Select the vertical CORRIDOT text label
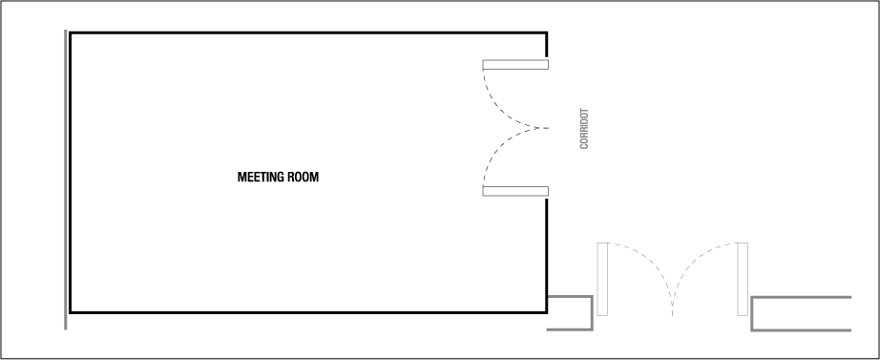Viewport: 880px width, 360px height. (584, 128)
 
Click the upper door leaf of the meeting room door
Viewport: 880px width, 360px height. (515, 65)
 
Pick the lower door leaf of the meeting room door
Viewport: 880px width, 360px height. (515, 191)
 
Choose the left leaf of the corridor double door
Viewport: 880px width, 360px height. (602, 279)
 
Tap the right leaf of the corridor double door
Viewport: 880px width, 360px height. (742, 279)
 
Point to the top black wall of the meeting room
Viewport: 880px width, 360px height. (305, 33)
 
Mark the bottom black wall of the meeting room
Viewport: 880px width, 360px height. (305, 312)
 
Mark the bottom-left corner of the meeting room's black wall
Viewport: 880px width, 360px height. (71, 312)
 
